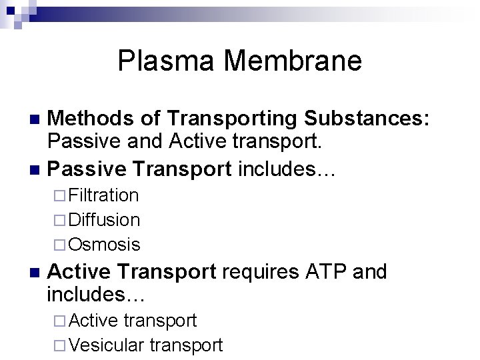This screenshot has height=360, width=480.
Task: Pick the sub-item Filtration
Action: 103,195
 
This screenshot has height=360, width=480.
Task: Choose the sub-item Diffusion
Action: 104,220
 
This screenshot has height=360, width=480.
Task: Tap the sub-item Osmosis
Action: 104,245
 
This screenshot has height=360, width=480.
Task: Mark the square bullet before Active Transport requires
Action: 36,273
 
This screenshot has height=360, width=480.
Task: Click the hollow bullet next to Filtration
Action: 61,196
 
